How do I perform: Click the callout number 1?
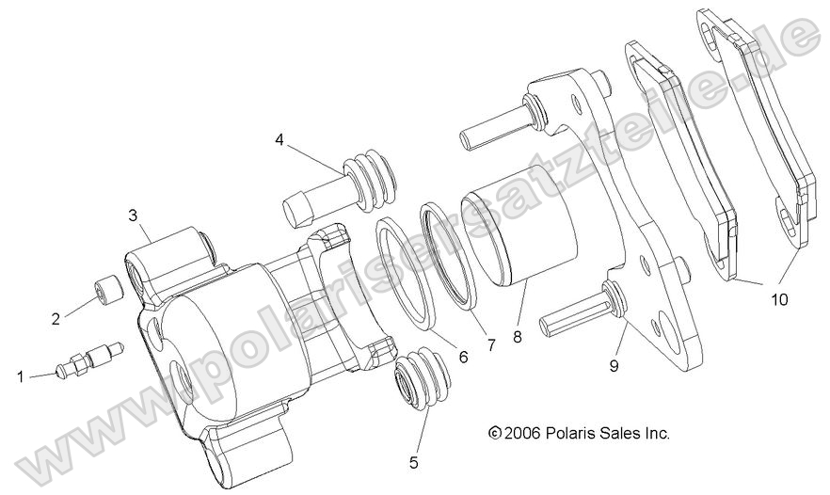tap(20, 377)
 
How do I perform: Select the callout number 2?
tap(56, 318)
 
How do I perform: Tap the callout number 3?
tap(134, 216)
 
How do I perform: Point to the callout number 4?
tap(279, 139)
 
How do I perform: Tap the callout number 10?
tap(777, 300)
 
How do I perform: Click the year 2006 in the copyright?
tap(523, 434)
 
